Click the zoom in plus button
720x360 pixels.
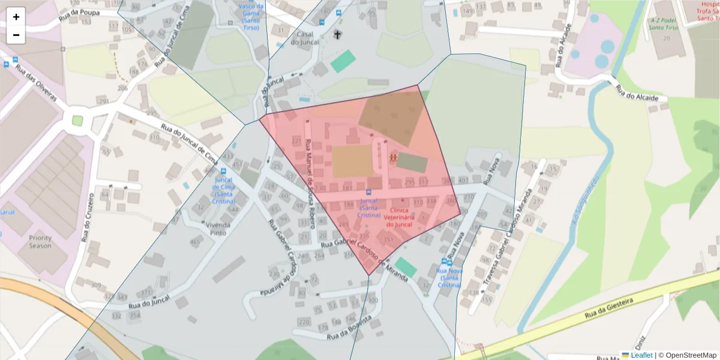coord(16,17)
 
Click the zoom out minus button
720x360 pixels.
coord(16,35)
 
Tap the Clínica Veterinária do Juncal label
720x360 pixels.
coord(399,217)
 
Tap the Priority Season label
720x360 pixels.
coord(40,242)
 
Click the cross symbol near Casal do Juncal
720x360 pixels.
coord(337,35)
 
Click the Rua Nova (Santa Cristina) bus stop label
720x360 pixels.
coord(449,278)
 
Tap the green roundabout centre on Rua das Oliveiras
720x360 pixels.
coord(77,120)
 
